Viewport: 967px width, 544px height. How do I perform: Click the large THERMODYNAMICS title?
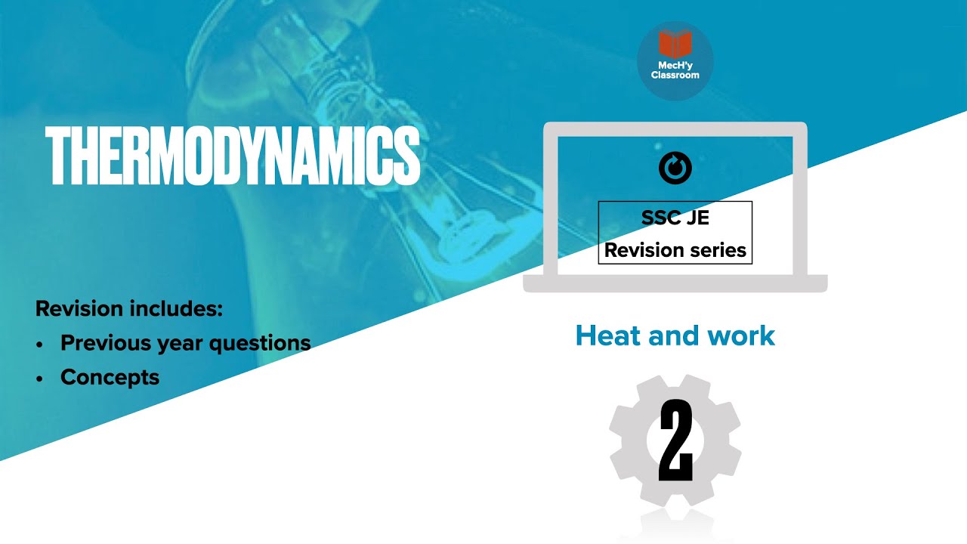[233, 157]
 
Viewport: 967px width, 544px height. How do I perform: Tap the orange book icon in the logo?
[675, 45]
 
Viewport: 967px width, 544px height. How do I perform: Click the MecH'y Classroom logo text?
[675, 70]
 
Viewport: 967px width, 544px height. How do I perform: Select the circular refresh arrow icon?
[675, 168]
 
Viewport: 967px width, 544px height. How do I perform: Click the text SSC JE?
[675, 218]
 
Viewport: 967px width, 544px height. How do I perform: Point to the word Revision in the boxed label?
[638, 251]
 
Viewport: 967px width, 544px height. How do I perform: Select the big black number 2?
[675, 440]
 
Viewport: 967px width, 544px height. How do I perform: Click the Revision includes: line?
[129, 309]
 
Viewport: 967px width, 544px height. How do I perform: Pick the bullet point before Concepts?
[39, 378]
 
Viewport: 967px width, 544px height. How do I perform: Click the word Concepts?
[110, 377]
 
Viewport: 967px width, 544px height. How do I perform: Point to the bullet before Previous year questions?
[39, 344]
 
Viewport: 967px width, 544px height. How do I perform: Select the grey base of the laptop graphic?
[675, 283]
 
